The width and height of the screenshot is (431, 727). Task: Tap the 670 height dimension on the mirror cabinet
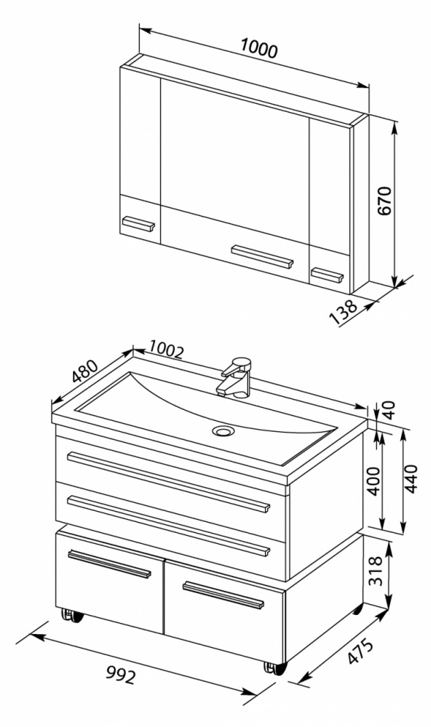[384, 201]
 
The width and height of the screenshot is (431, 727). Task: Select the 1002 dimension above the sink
[167, 351]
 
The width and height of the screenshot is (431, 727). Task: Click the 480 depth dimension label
[85, 371]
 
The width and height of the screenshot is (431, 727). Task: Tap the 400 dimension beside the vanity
[374, 481]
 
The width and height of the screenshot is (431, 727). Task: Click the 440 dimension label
[411, 478]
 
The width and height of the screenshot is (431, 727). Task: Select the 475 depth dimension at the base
[360, 651]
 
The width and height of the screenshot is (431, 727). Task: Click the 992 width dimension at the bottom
[121, 675]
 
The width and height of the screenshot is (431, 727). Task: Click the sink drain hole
[224, 431]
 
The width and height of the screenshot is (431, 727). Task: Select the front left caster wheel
[73, 616]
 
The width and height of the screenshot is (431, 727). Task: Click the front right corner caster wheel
[275, 668]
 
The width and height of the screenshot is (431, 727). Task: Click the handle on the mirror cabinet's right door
[327, 275]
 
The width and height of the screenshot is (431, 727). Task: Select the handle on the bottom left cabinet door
[110, 564]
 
